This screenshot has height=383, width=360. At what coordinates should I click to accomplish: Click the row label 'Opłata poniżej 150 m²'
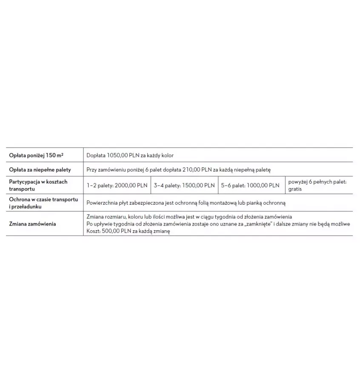(36, 155)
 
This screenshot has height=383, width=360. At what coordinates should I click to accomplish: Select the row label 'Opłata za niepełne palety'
(40, 169)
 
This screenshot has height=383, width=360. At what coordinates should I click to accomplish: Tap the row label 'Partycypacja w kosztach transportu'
(38, 185)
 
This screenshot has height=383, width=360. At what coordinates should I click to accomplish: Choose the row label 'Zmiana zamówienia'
(32, 224)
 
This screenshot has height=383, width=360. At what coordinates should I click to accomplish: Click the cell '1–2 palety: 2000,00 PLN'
(117, 185)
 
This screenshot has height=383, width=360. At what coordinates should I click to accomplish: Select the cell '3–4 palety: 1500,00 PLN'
(184, 185)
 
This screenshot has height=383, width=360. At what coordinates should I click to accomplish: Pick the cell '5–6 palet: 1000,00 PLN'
(250, 185)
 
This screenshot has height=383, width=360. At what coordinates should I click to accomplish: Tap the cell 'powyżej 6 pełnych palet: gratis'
(317, 185)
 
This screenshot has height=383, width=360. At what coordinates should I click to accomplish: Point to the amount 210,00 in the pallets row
(191, 169)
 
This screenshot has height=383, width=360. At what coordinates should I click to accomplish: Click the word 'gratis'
(295, 189)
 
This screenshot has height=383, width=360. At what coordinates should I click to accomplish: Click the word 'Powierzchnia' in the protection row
(102, 203)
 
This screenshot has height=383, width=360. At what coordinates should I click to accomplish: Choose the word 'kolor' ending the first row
(166, 155)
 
